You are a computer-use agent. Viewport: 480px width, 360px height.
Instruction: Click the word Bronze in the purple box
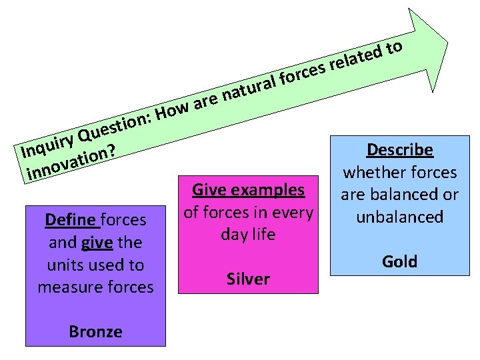pyautogui.click(x=95, y=331)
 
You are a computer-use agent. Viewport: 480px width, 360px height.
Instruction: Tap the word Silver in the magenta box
pyautogui.click(x=248, y=279)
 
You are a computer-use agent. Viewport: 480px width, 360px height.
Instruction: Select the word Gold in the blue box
pyautogui.click(x=399, y=261)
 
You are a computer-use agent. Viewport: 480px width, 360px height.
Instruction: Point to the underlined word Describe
pyautogui.click(x=399, y=150)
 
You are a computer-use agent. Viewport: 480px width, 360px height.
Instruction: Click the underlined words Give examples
pyautogui.click(x=248, y=190)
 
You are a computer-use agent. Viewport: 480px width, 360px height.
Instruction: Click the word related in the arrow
pyautogui.click(x=357, y=59)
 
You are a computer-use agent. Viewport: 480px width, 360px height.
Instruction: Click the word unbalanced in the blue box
pyautogui.click(x=399, y=217)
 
